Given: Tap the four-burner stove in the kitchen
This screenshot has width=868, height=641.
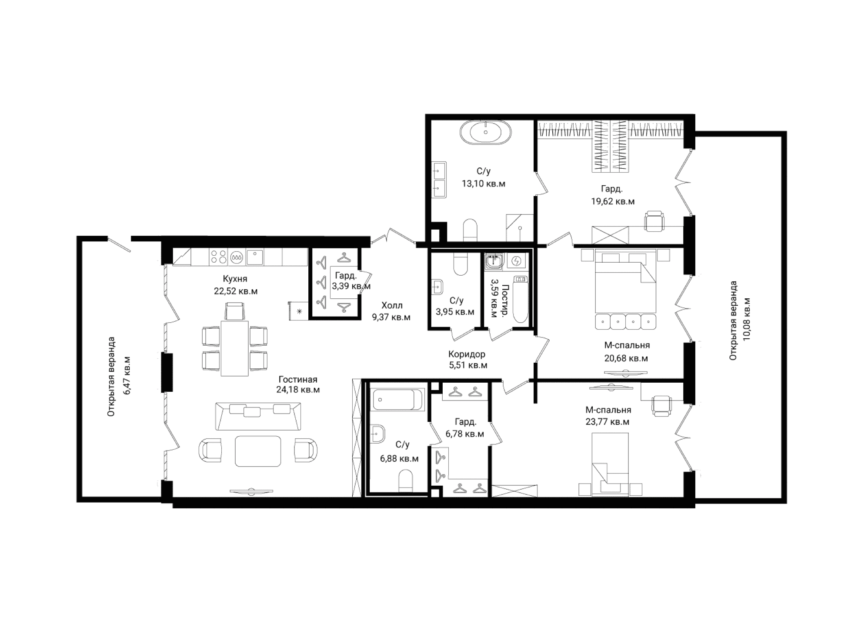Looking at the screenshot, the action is [x=217, y=257].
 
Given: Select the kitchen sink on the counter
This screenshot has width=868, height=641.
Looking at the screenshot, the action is [x=254, y=257].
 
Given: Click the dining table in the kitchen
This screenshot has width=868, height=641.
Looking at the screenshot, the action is [x=234, y=348].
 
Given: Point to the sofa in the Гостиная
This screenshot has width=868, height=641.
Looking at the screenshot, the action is [x=258, y=416].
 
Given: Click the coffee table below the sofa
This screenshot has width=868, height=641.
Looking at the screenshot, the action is [x=258, y=451].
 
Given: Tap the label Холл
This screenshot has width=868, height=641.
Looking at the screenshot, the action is [x=392, y=305].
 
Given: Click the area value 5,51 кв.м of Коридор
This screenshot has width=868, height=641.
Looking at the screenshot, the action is [x=468, y=365].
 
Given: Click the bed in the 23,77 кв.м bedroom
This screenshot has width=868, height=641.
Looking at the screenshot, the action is [x=610, y=464].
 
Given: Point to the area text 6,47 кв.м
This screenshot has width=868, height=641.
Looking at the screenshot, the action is [x=127, y=375].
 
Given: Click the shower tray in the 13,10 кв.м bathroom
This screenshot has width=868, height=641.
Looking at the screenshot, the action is [x=520, y=227].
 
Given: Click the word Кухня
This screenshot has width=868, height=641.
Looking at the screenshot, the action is [x=235, y=279].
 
